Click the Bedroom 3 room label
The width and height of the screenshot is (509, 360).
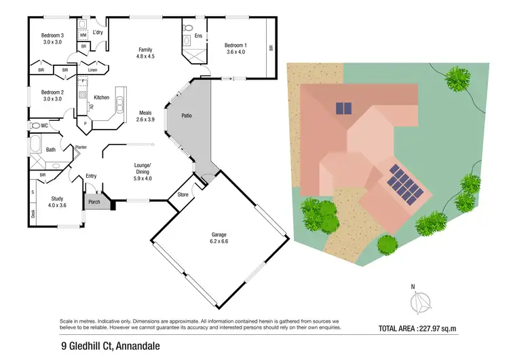[52, 35]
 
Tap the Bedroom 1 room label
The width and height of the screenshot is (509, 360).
[236, 46]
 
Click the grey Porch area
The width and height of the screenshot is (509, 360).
[93, 200]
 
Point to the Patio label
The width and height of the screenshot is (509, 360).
[187, 115]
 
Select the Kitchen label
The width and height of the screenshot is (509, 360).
[101, 98]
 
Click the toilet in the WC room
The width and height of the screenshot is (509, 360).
[35, 126]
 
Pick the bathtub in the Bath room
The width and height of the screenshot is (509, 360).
[35, 146]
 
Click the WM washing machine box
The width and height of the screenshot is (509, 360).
[83, 34]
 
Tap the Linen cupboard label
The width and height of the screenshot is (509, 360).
[93, 69]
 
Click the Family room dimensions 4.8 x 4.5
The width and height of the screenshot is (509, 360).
[145, 56]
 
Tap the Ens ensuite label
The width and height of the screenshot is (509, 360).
[199, 35]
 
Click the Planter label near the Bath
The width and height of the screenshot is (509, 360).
[80, 147]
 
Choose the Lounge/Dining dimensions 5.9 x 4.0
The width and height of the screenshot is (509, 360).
[143, 179]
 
